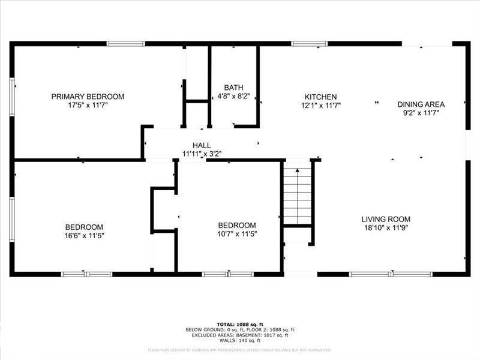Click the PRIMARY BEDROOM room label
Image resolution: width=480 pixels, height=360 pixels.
point(88,97)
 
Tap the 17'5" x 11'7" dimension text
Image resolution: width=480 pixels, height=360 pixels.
point(88,105)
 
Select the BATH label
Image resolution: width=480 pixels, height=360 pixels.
point(233,88)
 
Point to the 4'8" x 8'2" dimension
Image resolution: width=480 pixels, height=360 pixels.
point(233,96)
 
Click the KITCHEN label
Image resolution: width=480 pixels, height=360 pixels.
point(320,97)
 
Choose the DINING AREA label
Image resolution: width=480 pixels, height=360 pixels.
point(421,104)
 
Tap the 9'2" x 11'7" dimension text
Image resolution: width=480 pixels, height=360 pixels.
point(421,112)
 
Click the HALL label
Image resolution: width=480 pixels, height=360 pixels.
point(202,146)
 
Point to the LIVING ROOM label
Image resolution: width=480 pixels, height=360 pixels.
point(385,219)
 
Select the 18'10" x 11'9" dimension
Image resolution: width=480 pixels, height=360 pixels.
point(385,227)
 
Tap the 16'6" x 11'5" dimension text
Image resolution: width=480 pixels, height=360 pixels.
point(84,235)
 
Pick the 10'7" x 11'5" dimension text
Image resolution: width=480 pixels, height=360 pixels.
point(237,234)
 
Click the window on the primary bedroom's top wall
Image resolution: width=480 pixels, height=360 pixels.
point(126,43)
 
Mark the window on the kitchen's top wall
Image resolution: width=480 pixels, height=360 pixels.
point(310,43)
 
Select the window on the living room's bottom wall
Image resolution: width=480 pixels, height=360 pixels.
point(372,274)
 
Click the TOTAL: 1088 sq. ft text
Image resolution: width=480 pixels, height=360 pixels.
point(240,324)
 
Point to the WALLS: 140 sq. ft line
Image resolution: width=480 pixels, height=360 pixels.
point(240,340)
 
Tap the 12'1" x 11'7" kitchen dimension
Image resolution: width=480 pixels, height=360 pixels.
point(320,105)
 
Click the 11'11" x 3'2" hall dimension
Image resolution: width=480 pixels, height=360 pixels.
point(202,154)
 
